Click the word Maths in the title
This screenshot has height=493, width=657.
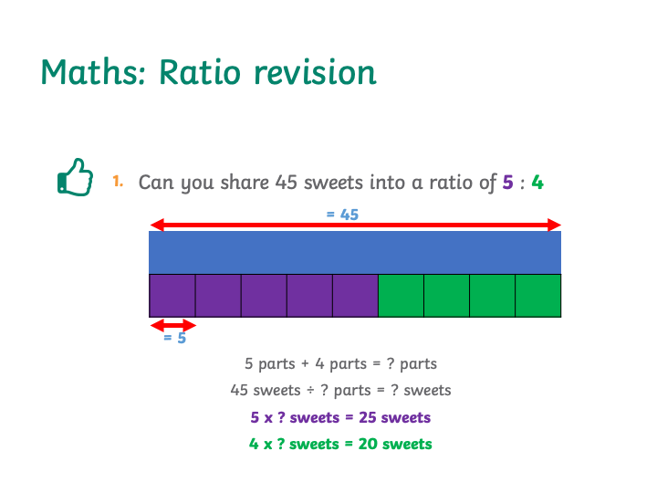coord(93,72)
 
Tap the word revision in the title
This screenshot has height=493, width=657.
coord(316,72)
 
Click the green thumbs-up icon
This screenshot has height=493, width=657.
coord(75,177)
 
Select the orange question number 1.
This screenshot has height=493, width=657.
coord(118,181)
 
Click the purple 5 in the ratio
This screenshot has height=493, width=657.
coord(508,183)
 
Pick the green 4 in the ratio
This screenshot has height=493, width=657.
coord(537,183)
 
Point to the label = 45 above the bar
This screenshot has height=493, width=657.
coord(342,215)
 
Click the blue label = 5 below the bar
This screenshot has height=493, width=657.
coord(174,338)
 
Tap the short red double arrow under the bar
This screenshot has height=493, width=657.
coord(172,325)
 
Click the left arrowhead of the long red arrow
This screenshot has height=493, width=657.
coord(156,226)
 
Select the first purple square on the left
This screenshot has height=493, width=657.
coord(172,296)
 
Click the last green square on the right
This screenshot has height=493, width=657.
coord(538,296)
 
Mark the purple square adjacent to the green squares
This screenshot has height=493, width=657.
coord(355,296)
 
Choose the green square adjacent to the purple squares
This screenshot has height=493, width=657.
coord(401,296)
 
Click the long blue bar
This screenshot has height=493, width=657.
coord(355,253)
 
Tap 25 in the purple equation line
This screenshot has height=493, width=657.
coord(368,417)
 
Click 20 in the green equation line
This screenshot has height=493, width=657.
coord(368,444)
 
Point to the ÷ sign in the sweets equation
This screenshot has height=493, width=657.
coord(310,391)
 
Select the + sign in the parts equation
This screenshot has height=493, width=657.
coord(305,364)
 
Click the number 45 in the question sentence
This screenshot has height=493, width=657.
coord(287,183)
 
